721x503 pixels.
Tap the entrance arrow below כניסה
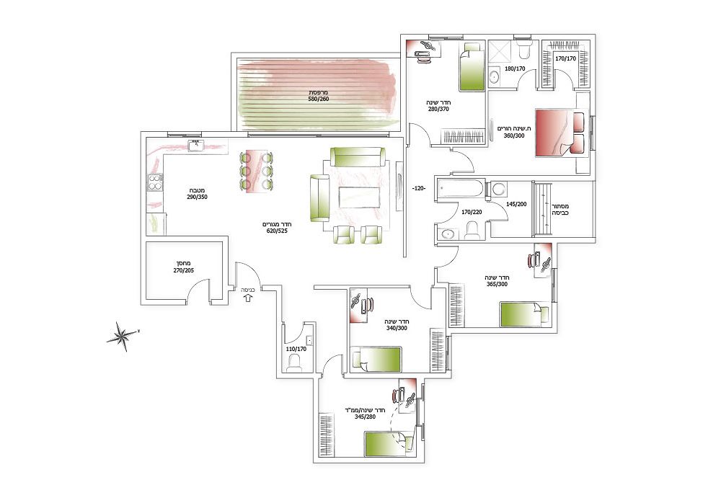coord(248,298)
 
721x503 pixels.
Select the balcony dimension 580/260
coord(318,99)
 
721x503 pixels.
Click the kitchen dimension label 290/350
coord(197,197)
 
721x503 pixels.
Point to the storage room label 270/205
coord(183,270)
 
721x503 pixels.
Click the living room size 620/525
coord(277,231)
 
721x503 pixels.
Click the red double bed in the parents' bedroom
coord(562,133)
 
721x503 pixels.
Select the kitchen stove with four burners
coord(155,182)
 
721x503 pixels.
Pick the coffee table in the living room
coord(359,197)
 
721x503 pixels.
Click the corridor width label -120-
coord(419,188)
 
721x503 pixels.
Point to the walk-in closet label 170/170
coord(565,58)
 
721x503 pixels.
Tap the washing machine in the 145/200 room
coord(498,190)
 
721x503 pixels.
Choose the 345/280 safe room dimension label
coord(366,417)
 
